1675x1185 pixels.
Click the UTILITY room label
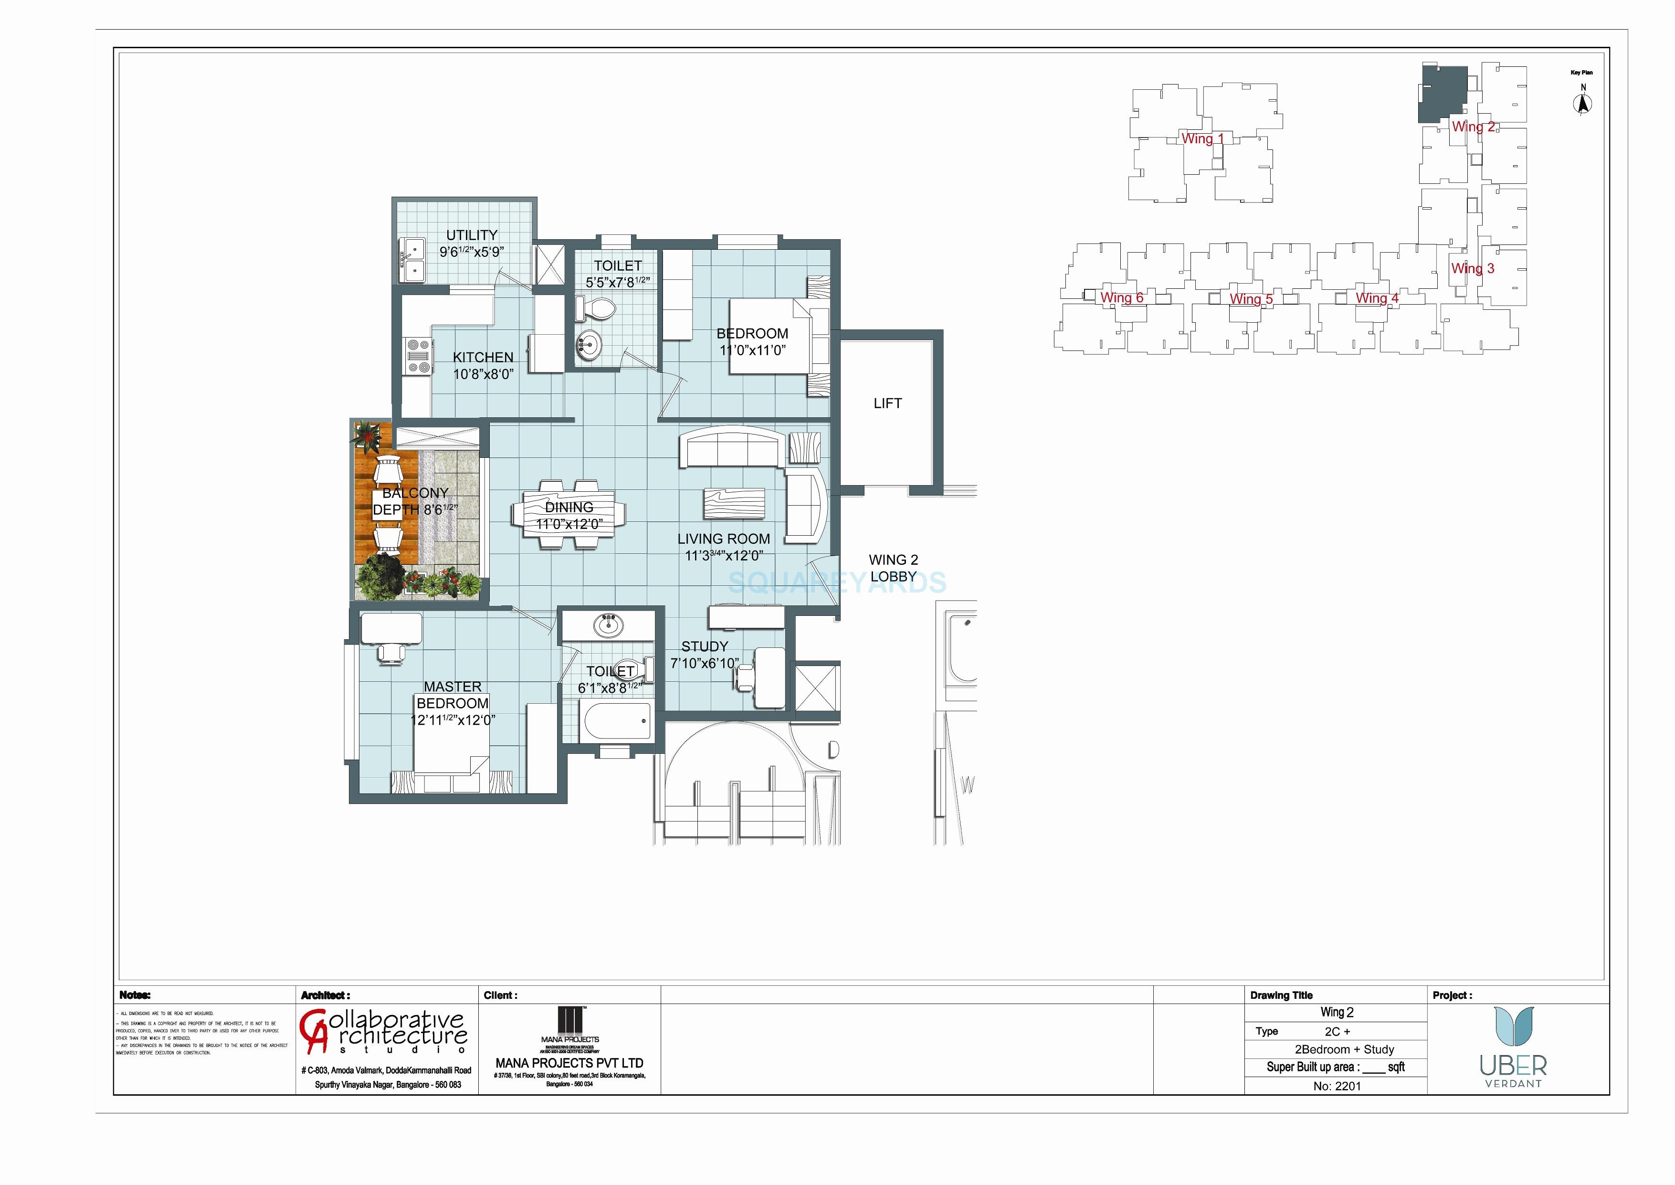coord(471,235)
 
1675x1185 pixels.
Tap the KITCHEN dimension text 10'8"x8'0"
coord(483,374)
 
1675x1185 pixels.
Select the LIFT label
coord(887,403)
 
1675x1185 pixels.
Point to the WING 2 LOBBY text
coord(893,568)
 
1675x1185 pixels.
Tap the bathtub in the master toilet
coord(616,722)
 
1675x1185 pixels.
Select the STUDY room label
coord(704,646)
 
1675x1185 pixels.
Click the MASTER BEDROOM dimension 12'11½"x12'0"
coord(453,720)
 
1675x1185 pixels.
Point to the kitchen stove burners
coord(417,357)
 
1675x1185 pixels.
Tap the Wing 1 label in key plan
coord(1202,138)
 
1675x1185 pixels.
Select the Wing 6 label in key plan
coord(1121,298)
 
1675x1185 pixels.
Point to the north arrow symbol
coord(1582,104)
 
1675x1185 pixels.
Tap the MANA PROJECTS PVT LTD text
coord(569,1063)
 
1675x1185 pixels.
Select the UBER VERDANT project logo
coord(1514,1047)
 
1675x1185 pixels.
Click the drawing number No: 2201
coord(1337,1086)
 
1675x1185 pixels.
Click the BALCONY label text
coord(415,493)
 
